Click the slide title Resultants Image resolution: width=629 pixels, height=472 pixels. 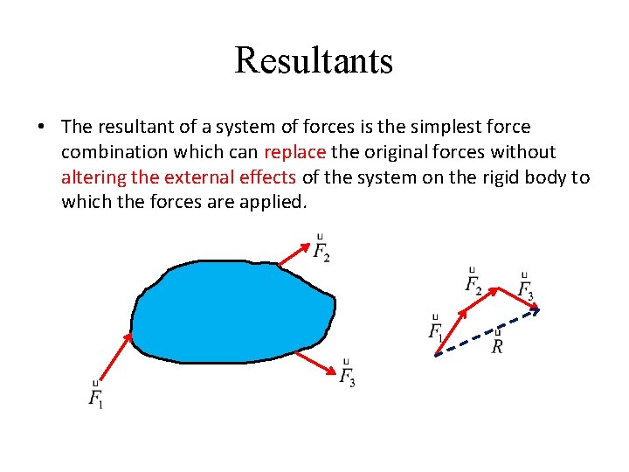[314, 59]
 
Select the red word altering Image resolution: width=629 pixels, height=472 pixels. [93, 177]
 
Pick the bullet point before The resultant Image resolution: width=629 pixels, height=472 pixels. [42, 127]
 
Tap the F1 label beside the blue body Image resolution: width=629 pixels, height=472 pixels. [95, 398]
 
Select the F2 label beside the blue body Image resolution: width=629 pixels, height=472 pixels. [321, 252]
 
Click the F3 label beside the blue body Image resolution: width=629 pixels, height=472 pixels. [347, 377]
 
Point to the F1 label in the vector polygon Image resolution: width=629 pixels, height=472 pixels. [435, 330]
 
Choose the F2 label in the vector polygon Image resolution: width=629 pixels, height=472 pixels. [473, 284]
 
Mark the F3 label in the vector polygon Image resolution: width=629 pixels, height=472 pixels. [525, 288]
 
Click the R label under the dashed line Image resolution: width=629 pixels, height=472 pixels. [497, 345]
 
